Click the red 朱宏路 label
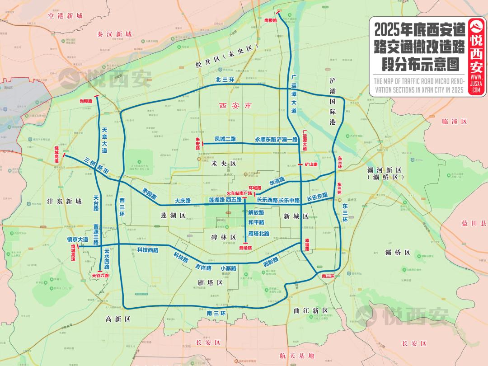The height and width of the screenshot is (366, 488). point(197,144)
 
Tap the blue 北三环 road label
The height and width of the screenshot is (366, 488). point(225,80)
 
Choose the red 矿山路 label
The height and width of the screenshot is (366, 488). point(311,164)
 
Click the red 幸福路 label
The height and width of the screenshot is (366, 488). point(307,244)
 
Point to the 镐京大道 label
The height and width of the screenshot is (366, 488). point(77,239)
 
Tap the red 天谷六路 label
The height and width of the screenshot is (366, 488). point(100,274)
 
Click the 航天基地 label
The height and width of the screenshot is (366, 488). point(296,356)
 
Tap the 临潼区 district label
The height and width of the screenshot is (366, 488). point(454,122)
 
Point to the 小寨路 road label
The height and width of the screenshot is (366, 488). point(228,268)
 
